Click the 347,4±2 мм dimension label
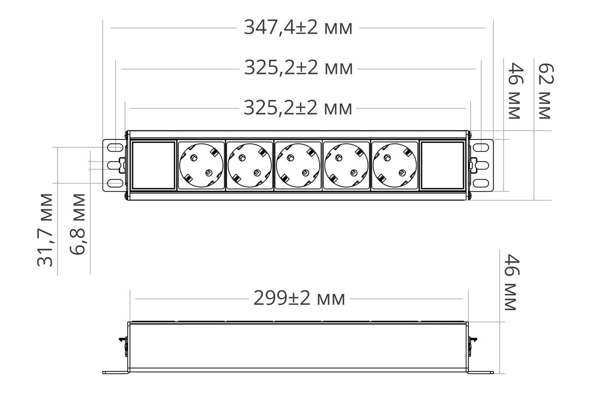[x=298, y=28]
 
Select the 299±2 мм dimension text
[x=299, y=298]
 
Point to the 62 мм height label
[x=544, y=91]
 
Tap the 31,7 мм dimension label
[x=45, y=230]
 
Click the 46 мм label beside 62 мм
[x=514, y=91]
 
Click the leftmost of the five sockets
[x=201, y=165]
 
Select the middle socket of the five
[x=298, y=165]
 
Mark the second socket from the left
[x=250, y=165]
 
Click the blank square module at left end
[x=154, y=165]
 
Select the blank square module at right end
[x=443, y=165]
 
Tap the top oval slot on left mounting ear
[x=114, y=147]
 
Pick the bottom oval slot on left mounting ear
[x=114, y=183]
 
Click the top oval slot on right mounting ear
[x=481, y=147]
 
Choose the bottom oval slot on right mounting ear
[x=481, y=183]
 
